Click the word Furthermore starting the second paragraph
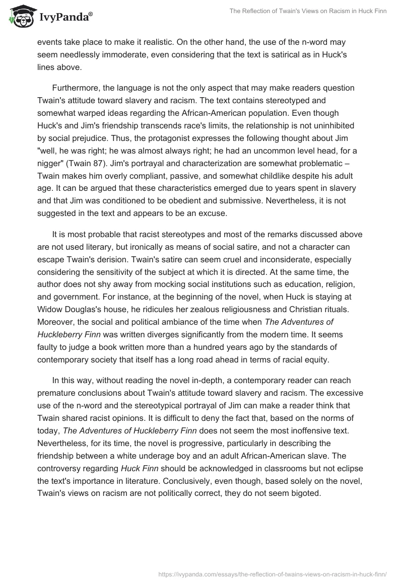click(x=78, y=88)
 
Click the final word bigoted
click(x=303, y=493)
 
